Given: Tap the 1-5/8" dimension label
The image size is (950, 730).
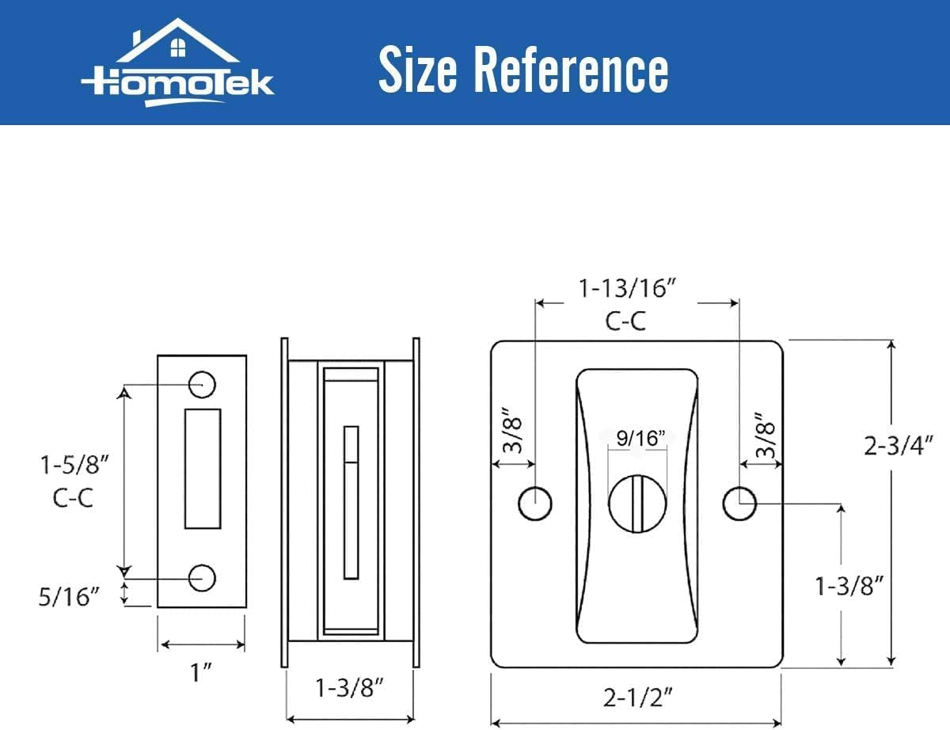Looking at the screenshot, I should pyautogui.click(x=74, y=465).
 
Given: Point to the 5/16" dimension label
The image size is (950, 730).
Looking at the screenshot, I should pyautogui.click(x=70, y=595).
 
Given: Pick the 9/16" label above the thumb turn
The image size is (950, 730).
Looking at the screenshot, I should pyautogui.click(x=638, y=437).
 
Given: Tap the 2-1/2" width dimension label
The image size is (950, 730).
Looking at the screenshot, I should pyautogui.click(x=637, y=698).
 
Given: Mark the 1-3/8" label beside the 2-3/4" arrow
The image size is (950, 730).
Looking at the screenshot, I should pyautogui.click(x=849, y=586).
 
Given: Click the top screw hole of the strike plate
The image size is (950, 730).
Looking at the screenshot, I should pyautogui.click(x=203, y=384).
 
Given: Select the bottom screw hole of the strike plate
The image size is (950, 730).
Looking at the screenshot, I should pyautogui.click(x=203, y=578).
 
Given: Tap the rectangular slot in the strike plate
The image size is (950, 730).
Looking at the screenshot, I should pyautogui.click(x=203, y=469).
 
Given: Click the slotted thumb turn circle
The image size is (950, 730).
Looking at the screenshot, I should pyautogui.click(x=637, y=504).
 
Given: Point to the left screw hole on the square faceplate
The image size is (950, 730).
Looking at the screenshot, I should pyautogui.click(x=535, y=504).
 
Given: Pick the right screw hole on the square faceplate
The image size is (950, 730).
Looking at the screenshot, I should pyautogui.click(x=740, y=504).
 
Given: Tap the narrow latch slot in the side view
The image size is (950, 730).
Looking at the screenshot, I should pyautogui.click(x=351, y=503).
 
